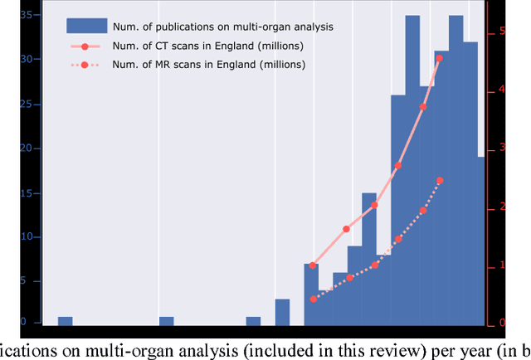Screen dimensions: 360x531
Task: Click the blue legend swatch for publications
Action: (86, 27)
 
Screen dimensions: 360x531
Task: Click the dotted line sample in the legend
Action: (86, 64)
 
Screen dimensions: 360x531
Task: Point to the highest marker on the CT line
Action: (439, 58)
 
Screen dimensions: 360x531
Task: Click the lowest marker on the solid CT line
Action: (313, 265)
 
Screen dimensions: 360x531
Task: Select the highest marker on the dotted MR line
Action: (440, 180)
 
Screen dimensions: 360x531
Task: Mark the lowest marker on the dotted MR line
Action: (313, 299)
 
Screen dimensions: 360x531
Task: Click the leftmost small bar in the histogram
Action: (65, 321)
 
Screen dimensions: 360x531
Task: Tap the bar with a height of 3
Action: (283, 312)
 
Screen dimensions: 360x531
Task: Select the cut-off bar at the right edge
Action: (481, 241)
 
